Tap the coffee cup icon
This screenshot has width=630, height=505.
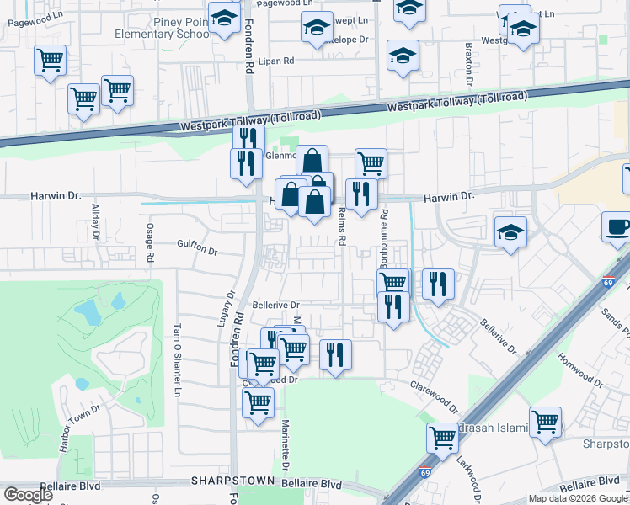pyautogui.click(x=619, y=226)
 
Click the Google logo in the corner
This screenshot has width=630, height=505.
pyautogui.click(x=28, y=495)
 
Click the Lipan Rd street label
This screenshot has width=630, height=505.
pyautogui.click(x=275, y=61)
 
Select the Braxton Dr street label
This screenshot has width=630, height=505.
pyautogui.click(x=467, y=58)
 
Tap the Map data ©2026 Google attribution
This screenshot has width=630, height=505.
pyautogui.click(x=577, y=498)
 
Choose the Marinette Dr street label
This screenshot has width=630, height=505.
pyautogui.click(x=286, y=446)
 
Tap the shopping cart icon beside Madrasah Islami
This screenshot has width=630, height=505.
pyautogui.click(x=443, y=437)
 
